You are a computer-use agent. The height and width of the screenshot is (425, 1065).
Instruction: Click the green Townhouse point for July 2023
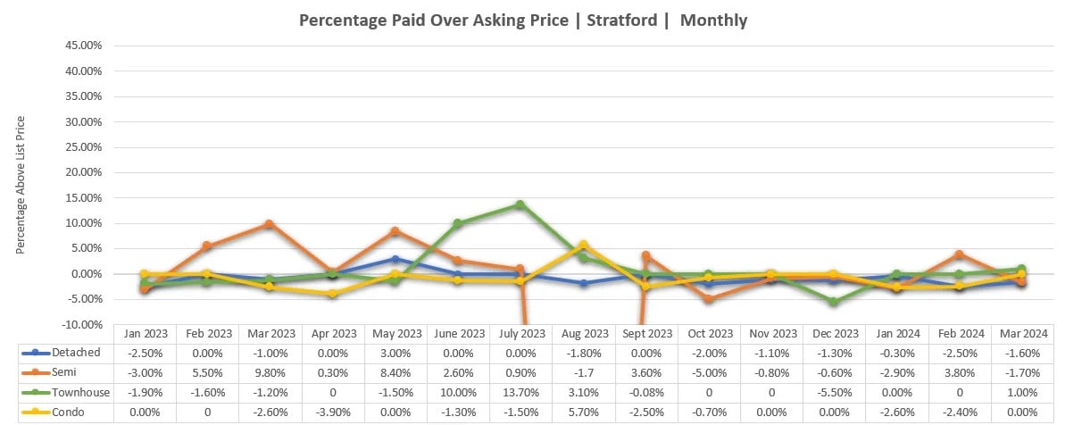520,204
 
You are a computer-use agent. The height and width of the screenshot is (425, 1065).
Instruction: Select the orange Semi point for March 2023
270,224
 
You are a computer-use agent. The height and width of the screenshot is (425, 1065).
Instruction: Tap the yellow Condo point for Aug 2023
583,245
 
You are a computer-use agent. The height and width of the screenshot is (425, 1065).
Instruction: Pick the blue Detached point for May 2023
395,259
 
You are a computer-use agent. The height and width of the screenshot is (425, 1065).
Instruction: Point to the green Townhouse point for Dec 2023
833,302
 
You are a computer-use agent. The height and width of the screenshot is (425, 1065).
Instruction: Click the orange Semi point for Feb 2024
959,254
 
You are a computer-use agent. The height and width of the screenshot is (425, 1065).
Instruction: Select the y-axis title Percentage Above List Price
21,185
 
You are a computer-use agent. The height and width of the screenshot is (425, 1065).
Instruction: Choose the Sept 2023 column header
645,333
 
